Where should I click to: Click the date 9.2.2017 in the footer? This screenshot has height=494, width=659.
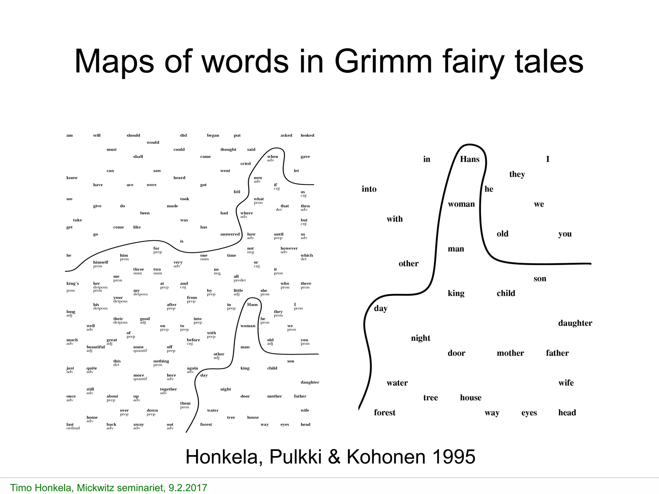pos(188,488)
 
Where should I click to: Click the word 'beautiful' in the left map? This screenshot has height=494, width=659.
pos(96,347)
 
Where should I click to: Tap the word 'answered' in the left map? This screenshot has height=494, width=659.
pos(230,234)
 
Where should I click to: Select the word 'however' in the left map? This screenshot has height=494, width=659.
pos(289,248)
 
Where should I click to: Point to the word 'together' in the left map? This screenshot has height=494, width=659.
pos(168,389)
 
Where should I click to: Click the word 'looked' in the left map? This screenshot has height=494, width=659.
pos(307,135)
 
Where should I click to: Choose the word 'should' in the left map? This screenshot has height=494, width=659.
pos(133,135)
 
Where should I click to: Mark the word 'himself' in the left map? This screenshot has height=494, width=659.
pos(101,262)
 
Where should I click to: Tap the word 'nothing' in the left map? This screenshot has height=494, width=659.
pos(161,361)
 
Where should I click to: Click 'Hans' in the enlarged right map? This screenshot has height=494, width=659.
pos(469,159)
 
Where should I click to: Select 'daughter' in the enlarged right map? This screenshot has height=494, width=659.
pos(575,323)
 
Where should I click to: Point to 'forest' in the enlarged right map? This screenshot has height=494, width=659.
pos(385,413)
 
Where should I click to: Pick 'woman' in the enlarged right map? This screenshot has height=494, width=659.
pos(461,204)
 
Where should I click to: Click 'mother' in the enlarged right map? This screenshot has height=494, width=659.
pos(510,353)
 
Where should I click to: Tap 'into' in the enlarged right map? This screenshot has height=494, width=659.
pos(369,189)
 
